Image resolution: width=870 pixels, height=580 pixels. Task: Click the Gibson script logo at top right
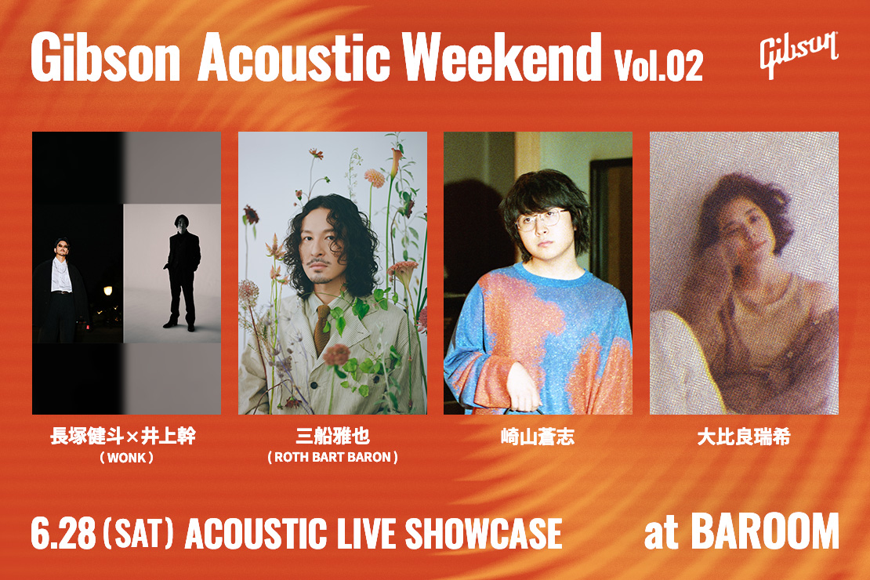click(799, 54)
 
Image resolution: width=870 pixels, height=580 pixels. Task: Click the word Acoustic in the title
click(293, 58)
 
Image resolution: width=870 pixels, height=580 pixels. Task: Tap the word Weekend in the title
click(502, 56)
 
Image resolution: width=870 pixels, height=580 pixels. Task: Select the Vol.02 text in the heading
click(658, 66)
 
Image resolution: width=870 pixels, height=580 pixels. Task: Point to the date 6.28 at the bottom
click(63, 534)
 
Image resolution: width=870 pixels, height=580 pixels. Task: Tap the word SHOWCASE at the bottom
click(484, 534)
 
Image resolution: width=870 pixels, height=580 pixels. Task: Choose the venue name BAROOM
click(765, 531)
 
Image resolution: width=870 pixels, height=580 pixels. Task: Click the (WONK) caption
click(126, 458)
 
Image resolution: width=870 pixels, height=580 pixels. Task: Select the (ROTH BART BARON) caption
click(332, 458)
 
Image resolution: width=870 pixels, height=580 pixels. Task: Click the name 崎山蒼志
click(537, 437)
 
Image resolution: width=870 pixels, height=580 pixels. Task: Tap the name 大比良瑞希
click(744, 437)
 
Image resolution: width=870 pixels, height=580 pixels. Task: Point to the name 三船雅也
click(332, 437)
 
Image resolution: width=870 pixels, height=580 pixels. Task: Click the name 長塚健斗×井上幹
click(123, 437)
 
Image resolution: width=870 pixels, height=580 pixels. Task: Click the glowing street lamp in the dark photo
click(107, 291)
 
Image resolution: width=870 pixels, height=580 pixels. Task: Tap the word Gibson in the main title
click(106, 58)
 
